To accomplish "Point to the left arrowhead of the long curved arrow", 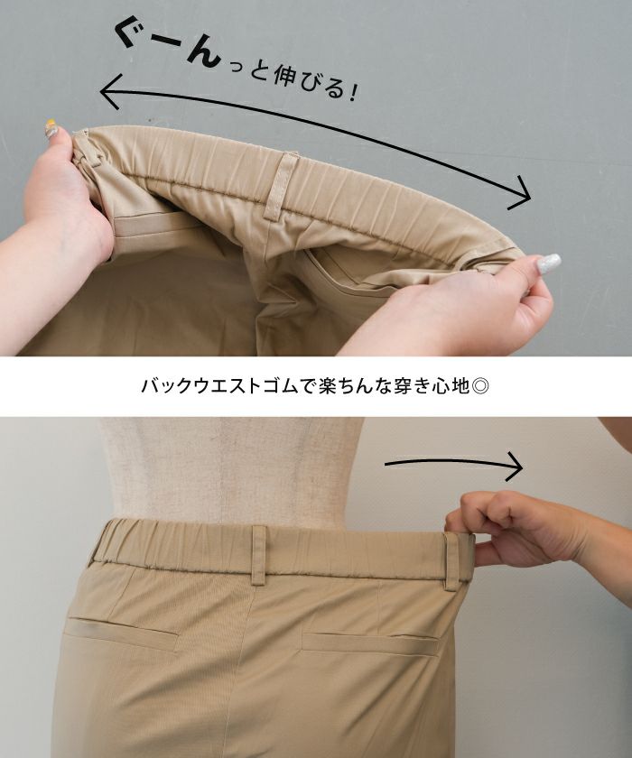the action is point(109,91).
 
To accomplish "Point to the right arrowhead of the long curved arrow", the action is point(521,193).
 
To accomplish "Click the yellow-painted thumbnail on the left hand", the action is point(51,128).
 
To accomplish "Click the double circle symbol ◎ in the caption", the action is point(481,386).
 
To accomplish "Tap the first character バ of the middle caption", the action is point(150,387).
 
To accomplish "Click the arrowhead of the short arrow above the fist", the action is point(515,466).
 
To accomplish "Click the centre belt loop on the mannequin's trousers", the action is point(259,553).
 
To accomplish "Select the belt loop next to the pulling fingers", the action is point(451,560).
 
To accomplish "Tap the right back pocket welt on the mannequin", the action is point(370,642).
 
